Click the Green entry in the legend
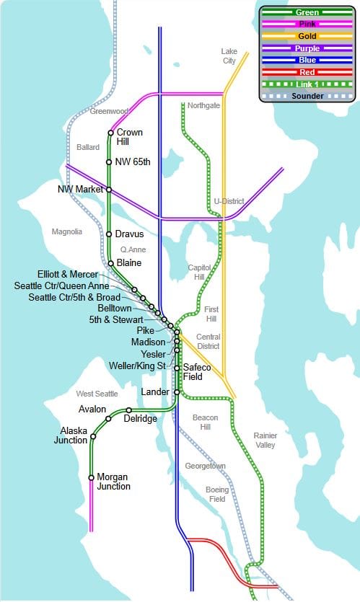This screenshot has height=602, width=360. [x=307, y=12]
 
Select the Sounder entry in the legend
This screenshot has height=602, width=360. [x=307, y=95]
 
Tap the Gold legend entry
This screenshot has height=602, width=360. [x=307, y=36]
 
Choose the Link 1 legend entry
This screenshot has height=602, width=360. [x=307, y=84]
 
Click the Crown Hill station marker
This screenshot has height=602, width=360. [x=110, y=133]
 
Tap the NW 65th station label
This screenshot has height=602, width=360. [x=133, y=161]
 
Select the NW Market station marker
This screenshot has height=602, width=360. [x=109, y=190]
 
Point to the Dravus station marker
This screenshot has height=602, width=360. [x=109, y=234]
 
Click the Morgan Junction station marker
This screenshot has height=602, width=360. [x=91, y=477]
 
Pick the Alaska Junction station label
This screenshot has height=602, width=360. [x=74, y=435]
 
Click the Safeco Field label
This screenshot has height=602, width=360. [x=197, y=372]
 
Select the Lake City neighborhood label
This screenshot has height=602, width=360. [x=229, y=56]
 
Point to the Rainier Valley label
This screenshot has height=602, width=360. [x=265, y=440]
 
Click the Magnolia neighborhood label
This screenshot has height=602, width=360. [x=67, y=231]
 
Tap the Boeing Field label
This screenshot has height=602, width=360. [x=216, y=494]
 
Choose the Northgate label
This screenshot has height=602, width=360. [x=203, y=105]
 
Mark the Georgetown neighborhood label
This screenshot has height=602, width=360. [x=205, y=466]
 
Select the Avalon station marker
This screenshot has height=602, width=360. [x=108, y=418]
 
